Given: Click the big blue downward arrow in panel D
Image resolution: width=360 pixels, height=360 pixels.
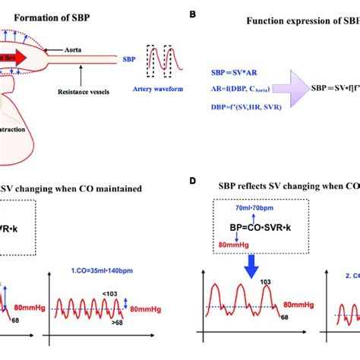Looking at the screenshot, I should pyautogui.click(x=248, y=261).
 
